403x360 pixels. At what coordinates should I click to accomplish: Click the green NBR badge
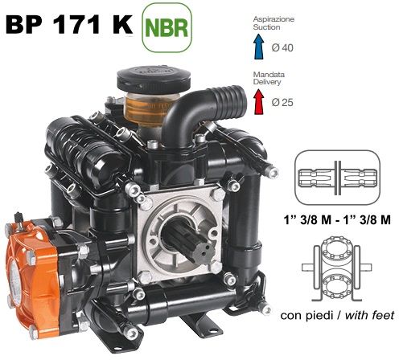click(x=167, y=27)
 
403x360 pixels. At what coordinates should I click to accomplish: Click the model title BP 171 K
click(x=69, y=24)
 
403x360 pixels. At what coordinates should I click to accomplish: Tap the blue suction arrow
click(x=259, y=47)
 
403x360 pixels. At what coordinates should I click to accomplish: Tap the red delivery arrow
click(x=259, y=101)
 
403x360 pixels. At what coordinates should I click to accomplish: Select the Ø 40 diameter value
click(x=282, y=48)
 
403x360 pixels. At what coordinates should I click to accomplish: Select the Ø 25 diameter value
click(x=282, y=102)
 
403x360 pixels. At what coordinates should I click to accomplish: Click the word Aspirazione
click(x=273, y=19)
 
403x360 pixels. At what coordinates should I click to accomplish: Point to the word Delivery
click(x=267, y=82)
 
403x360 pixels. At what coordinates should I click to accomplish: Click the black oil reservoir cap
click(x=154, y=79)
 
